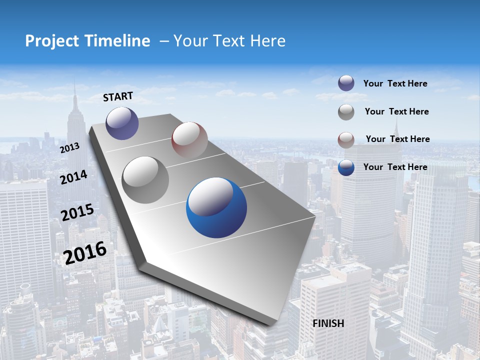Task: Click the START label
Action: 118,96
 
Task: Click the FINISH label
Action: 328,323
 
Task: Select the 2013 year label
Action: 69,148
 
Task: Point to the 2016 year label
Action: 85,252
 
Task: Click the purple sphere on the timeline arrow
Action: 122,123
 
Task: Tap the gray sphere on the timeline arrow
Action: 145,179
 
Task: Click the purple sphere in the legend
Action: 346,83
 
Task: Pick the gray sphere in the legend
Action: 346,112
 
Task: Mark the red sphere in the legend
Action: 346,139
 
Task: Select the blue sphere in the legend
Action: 346,167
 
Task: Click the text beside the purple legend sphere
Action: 395,84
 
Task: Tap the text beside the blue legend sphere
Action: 395,167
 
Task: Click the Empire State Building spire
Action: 74,90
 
